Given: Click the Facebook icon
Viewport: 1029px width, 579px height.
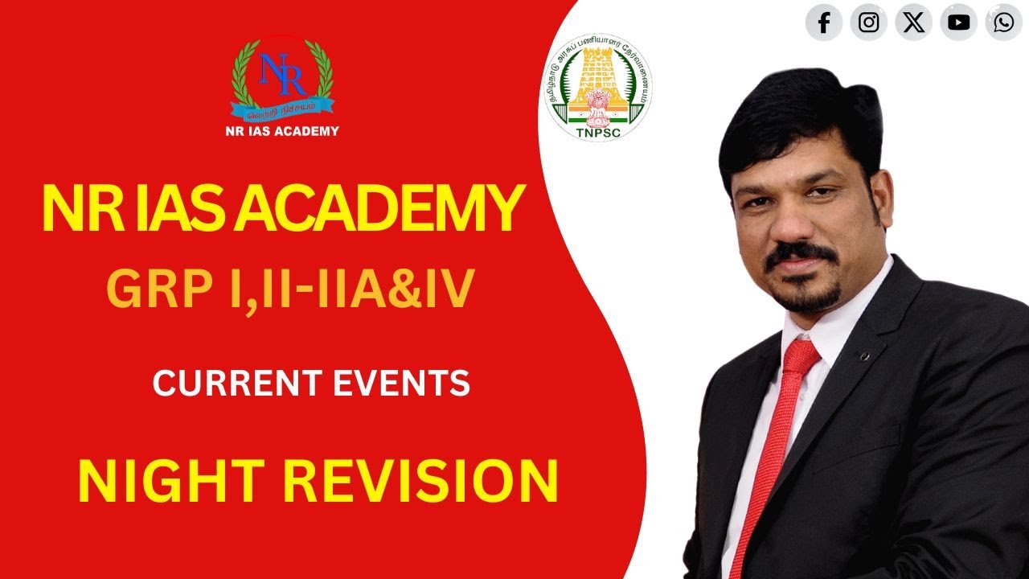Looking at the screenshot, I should pyautogui.click(x=824, y=23).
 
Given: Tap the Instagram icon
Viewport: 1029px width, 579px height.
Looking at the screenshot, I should pyautogui.click(x=869, y=23).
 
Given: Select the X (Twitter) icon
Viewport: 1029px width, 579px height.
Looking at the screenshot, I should pyautogui.click(x=914, y=23).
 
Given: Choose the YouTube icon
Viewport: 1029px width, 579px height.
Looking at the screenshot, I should pyautogui.click(x=959, y=23).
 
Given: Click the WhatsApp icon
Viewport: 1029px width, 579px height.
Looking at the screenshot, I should pyautogui.click(x=1004, y=23).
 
